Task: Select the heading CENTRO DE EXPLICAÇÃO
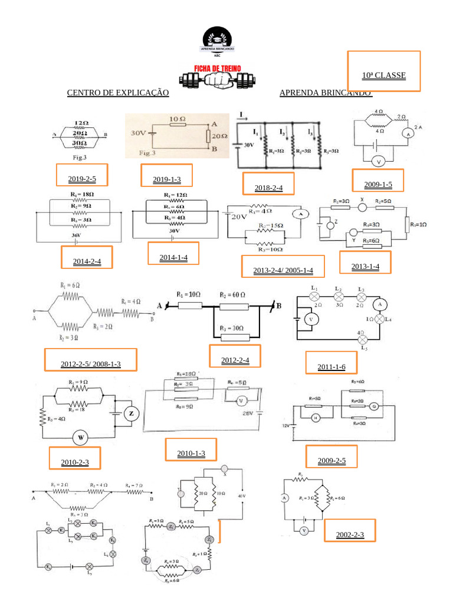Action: pyautogui.click(x=118, y=93)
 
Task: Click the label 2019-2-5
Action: pyautogui.click(x=82, y=179)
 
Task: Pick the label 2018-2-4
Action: pyautogui.click(x=269, y=188)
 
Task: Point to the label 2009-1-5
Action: pyautogui.click(x=377, y=185)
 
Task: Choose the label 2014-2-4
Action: pyautogui.click(x=87, y=261)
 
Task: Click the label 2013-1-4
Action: pyautogui.click(x=365, y=267)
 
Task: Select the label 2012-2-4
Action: pyautogui.click(x=235, y=360)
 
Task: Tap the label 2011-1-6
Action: pyautogui.click(x=331, y=367)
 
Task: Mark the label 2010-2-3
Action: pyautogui.click(x=74, y=462)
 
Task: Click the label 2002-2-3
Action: pyautogui.click(x=350, y=535)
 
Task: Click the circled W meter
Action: pyautogui.click(x=81, y=438)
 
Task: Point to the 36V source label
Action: pyautogui.click(x=75, y=235)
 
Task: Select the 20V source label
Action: pyautogui.click(x=238, y=216)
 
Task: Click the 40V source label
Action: pyautogui.click(x=241, y=496)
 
